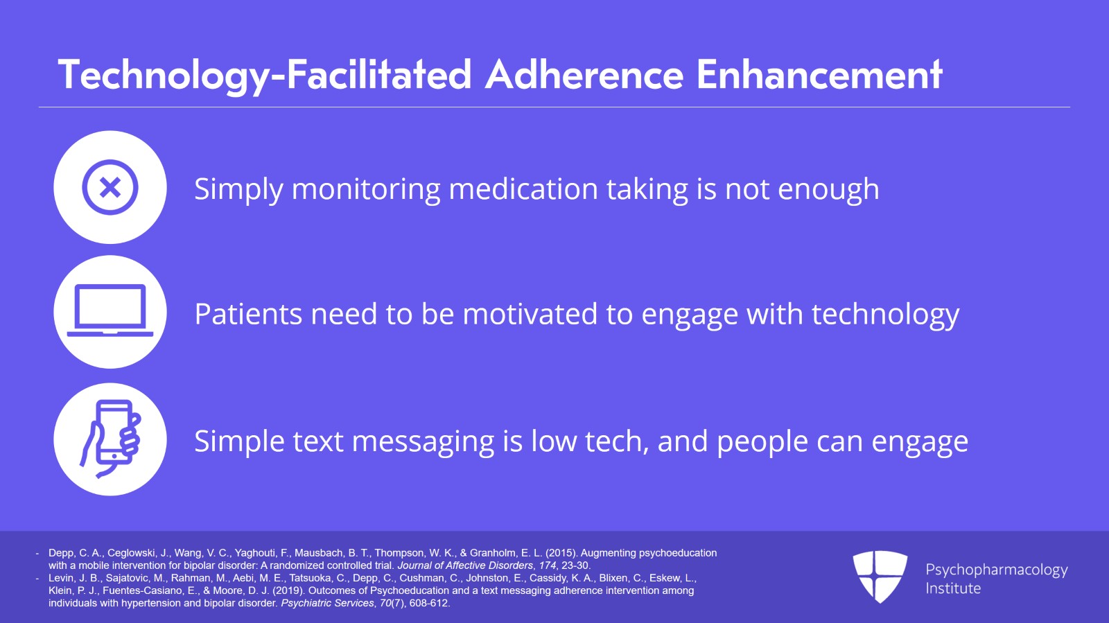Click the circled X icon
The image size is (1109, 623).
(x=110, y=187)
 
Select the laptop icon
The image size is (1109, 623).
(x=110, y=310)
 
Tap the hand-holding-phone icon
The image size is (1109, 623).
(x=111, y=439)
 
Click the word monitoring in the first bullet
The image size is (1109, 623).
(x=366, y=189)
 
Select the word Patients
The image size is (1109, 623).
(x=248, y=314)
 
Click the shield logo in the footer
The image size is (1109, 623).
(x=880, y=577)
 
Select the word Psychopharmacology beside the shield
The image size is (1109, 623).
(x=997, y=570)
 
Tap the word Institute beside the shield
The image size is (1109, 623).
(x=953, y=588)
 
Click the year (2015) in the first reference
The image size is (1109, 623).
(x=562, y=553)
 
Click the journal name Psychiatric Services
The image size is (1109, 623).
(x=327, y=603)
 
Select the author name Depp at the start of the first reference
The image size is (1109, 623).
(x=61, y=553)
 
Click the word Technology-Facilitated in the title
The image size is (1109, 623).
(x=265, y=76)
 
